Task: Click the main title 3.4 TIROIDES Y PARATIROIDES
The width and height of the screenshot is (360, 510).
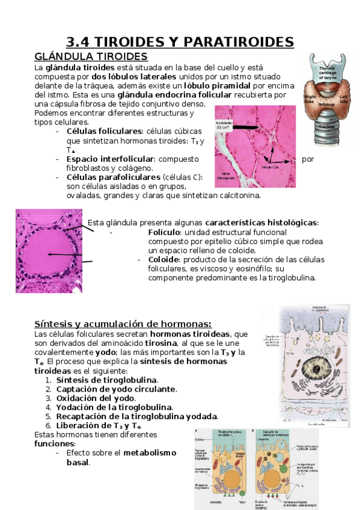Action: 180,42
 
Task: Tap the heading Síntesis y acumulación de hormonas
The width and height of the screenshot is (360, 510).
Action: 123,324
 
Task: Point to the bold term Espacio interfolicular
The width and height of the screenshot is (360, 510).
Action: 110,159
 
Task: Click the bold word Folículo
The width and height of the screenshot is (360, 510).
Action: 164,232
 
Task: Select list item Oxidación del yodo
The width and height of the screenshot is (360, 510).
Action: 96,398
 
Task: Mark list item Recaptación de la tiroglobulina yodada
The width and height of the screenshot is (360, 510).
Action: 137,416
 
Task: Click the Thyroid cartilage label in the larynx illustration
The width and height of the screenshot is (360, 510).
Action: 328,72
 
